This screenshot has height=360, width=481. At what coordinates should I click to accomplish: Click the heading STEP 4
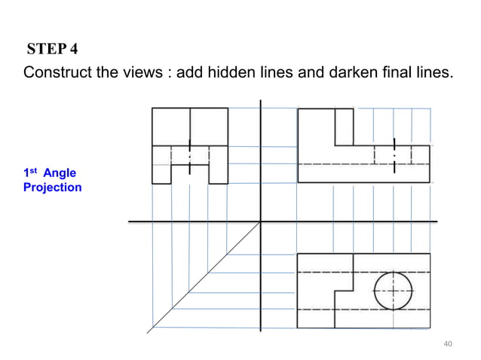(x=52, y=50)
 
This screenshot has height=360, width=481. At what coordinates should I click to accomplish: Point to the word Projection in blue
(x=52, y=188)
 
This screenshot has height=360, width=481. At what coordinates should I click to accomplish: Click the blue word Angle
(x=60, y=174)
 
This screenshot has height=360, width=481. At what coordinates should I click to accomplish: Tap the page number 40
(x=448, y=344)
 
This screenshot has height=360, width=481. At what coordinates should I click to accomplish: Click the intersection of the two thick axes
(x=260, y=221)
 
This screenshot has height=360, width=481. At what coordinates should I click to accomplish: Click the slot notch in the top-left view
(x=190, y=172)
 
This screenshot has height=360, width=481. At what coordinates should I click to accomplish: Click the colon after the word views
(x=170, y=75)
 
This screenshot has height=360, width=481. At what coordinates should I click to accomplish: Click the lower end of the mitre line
(x=149, y=329)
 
